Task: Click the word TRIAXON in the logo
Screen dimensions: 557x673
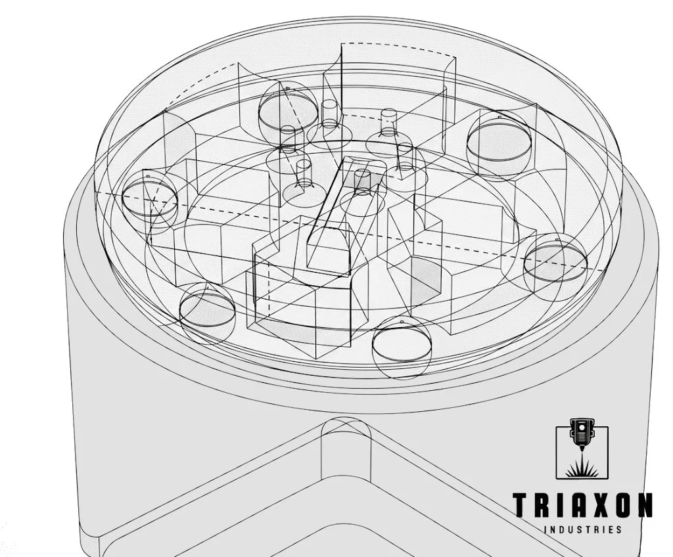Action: tap(583, 505)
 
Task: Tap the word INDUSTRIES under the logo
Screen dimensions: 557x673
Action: tap(584, 529)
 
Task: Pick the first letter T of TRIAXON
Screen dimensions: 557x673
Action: tap(521, 505)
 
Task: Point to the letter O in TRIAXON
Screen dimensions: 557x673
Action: tap(624, 505)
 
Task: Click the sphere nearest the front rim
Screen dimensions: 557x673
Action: tap(401, 347)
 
